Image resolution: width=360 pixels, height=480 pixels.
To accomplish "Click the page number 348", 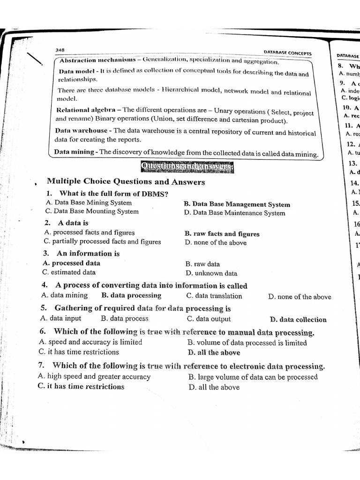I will click(x=60, y=50).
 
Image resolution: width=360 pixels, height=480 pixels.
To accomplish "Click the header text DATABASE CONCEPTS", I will click(x=288, y=53).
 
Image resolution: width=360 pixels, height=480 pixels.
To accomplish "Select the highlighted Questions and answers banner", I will click(x=187, y=166).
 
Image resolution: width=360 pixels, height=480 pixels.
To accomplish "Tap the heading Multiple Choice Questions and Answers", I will click(x=126, y=182).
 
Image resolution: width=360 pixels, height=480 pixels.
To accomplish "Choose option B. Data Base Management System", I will click(x=237, y=204).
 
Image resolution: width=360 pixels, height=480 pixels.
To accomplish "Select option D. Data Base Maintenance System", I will click(x=234, y=213).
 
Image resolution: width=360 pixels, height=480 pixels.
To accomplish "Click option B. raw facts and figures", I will click(x=222, y=234).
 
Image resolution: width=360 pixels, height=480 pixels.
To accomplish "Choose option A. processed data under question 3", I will click(x=71, y=263).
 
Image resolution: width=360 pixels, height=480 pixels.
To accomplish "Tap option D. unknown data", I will click(x=211, y=273).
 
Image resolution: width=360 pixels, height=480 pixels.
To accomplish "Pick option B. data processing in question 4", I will click(x=131, y=296).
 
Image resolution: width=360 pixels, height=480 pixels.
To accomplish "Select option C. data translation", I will click(x=214, y=296).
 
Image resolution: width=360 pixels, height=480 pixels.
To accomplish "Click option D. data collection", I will click(x=298, y=320).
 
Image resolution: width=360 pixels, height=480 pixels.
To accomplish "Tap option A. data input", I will click(x=61, y=318).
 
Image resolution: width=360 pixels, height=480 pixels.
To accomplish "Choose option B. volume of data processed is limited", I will click(x=247, y=343).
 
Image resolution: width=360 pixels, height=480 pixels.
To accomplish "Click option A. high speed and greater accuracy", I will click(x=94, y=376).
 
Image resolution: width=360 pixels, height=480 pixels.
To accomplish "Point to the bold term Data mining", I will click(x=75, y=152).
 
